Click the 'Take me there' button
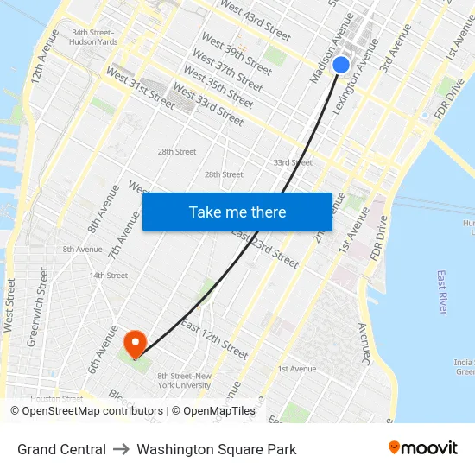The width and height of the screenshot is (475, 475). pyautogui.click(x=237, y=212)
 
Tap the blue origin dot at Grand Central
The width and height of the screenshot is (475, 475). pyautogui.click(x=341, y=65)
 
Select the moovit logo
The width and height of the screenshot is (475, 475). pyautogui.click(x=422, y=448)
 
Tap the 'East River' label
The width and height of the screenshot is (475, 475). pyautogui.click(x=442, y=292)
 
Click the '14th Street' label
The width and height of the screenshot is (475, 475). pyautogui.click(x=109, y=275)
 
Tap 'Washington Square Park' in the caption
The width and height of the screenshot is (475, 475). pyautogui.click(x=217, y=449)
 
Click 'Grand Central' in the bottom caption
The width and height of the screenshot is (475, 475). pyautogui.click(x=61, y=449)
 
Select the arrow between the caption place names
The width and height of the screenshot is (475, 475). pyautogui.click(x=122, y=449)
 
